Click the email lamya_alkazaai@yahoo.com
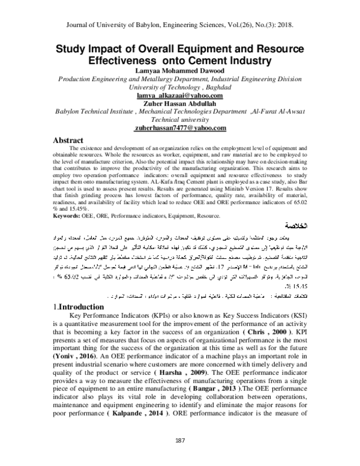(x=179, y=95)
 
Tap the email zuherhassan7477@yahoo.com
(x=179, y=127)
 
